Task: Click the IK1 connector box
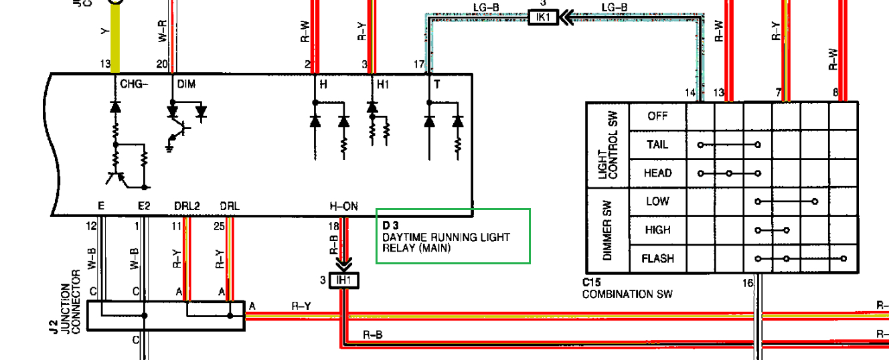point(543,17)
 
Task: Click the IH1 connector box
point(343,280)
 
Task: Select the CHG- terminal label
point(133,84)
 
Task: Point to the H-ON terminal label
point(343,207)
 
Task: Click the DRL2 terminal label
point(187,207)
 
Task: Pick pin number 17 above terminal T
point(419,64)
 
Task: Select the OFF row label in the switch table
point(657,116)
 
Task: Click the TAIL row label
point(657,145)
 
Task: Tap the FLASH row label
point(657,258)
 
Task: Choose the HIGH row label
point(657,230)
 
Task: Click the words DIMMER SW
point(607,230)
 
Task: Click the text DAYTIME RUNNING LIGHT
point(446,238)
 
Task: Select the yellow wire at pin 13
point(115,40)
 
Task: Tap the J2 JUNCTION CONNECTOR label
point(70,307)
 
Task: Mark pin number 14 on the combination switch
point(690,93)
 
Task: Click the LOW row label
point(657,201)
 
